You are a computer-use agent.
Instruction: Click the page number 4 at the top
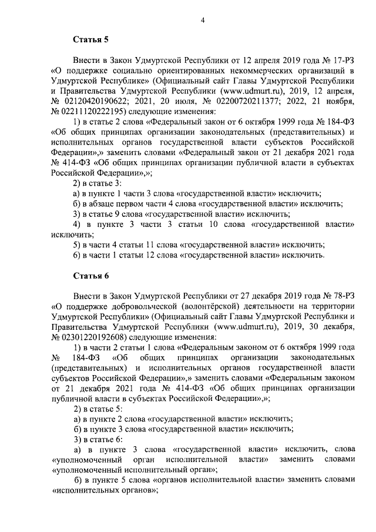[x=202, y=21]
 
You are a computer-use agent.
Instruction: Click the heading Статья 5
[x=90, y=40]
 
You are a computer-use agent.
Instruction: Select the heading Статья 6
[x=90, y=276]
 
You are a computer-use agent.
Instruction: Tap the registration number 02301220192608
[x=96, y=337]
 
